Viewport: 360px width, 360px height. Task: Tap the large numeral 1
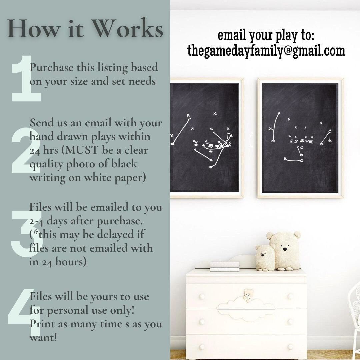(26, 78)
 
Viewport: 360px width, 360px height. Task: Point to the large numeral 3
(26, 233)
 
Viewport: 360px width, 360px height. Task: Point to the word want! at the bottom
(43, 337)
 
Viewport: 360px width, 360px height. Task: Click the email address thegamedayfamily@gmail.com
(266, 51)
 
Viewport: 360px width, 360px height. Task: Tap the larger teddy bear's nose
(285, 249)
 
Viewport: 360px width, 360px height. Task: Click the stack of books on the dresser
(225, 266)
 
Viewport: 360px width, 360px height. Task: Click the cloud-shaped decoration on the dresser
(246, 309)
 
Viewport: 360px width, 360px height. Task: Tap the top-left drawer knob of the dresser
(202, 296)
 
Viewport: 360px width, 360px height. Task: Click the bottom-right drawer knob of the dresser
(290, 347)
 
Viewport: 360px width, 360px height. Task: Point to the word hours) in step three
(71, 262)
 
